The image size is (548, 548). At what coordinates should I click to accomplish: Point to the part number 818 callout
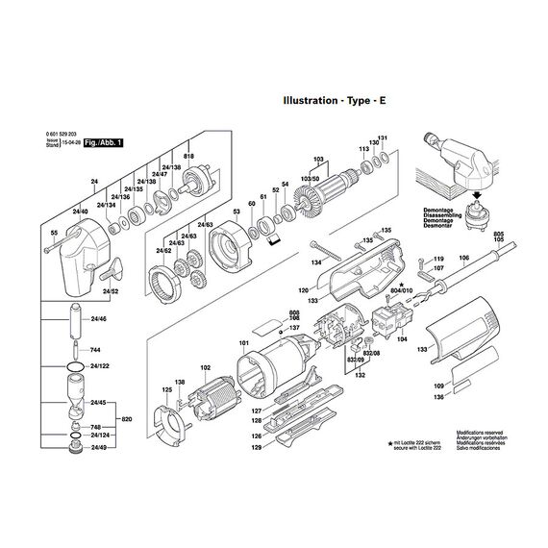point(188,157)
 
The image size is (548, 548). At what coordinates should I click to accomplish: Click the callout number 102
point(204,367)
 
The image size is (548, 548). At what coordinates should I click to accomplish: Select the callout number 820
point(126,420)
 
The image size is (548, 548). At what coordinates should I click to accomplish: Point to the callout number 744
point(94,351)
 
